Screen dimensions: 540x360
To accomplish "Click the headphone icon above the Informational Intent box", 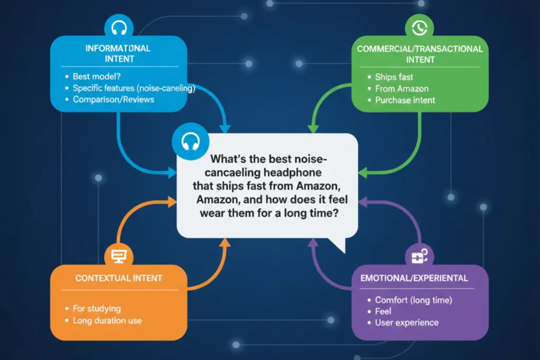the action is click(119, 27).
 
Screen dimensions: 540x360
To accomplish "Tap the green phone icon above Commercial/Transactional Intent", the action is click(420, 27).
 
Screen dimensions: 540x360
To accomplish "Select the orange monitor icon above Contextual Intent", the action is click(119, 256).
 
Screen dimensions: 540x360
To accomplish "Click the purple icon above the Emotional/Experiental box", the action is click(420, 256).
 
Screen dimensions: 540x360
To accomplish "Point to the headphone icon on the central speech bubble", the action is click(190, 142).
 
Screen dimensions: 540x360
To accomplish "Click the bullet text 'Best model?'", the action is click(97, 76).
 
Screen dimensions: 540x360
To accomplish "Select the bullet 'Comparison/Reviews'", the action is click(113, 99).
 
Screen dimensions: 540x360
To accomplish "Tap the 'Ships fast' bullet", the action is click(394, 77).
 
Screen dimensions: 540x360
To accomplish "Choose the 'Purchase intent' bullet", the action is click(405, 100).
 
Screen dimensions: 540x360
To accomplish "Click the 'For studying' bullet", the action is click(97, 308).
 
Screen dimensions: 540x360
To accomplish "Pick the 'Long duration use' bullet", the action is click(107, 320).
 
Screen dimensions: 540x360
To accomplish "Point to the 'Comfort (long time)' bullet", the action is click(414, 300).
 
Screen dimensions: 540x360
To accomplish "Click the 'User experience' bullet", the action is click(407, 322).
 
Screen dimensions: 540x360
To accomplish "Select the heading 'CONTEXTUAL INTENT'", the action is click(119, 278).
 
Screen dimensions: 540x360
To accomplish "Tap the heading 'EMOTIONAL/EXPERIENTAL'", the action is click(414, 278).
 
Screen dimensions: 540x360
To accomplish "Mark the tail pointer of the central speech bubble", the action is click(345, 253).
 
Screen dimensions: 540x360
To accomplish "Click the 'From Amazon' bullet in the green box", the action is click(402, 88).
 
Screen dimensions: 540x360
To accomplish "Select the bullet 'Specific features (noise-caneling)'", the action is click(134, 88).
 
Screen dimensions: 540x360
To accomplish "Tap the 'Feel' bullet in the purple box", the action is click(383, 311).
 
